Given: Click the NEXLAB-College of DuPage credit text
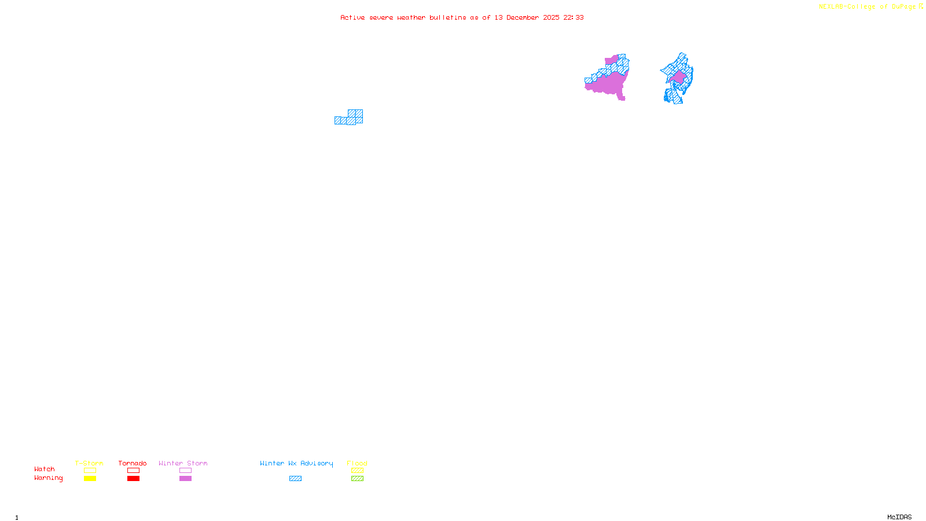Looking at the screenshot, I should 868,7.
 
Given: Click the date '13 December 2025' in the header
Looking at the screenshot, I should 527,17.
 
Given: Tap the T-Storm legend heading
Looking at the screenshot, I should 89,463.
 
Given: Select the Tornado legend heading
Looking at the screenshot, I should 133,463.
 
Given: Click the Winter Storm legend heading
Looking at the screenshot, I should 183,463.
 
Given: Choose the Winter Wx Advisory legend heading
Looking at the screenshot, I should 296,463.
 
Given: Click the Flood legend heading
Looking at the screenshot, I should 357,463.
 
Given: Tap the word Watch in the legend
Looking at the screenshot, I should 45,469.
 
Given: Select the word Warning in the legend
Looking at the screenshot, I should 49,478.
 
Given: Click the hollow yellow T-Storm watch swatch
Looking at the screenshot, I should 90,471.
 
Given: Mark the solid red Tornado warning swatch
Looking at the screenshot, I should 133,479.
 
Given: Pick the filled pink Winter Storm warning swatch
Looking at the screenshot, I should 185,479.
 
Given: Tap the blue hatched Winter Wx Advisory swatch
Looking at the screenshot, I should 295,479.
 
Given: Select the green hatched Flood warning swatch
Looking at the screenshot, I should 357,479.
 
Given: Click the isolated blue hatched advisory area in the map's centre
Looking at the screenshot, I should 351,118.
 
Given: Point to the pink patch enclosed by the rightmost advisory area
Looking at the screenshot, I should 678,77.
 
